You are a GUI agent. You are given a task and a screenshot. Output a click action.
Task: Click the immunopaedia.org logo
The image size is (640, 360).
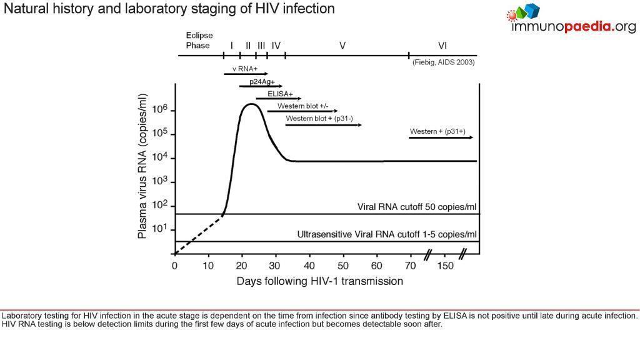pos(571,19)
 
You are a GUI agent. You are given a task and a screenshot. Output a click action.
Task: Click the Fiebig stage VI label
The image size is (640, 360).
pos(442,46)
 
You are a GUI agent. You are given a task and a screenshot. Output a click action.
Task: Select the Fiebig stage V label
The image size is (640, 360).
pos(342,46)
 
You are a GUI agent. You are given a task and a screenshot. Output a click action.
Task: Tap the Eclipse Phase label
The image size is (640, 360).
pos(199,41)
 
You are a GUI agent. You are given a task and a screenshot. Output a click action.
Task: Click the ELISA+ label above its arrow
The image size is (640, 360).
pos(280,94)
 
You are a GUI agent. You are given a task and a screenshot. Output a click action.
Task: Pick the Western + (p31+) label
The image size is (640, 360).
pos(437,132)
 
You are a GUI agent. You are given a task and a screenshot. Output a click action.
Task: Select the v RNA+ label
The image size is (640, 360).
pos(244,69)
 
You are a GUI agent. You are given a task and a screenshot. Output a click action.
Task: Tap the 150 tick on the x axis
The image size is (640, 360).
pos(445,266)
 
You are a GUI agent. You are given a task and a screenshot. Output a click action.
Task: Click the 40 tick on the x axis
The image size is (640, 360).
pos(310,266)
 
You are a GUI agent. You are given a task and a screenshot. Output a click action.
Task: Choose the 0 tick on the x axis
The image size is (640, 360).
pos(174,266)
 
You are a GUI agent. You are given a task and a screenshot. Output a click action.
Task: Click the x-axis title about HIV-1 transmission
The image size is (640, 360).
pos(319,281)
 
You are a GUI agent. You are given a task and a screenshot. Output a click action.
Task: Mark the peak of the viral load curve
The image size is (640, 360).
pos(251,104)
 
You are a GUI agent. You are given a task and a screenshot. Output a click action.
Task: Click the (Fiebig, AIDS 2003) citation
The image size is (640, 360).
pos(443,62)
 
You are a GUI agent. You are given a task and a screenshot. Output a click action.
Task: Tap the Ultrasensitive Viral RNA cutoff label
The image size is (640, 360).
pos(387,235)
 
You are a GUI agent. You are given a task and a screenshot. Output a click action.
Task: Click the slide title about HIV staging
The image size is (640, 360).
pos(169,9)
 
